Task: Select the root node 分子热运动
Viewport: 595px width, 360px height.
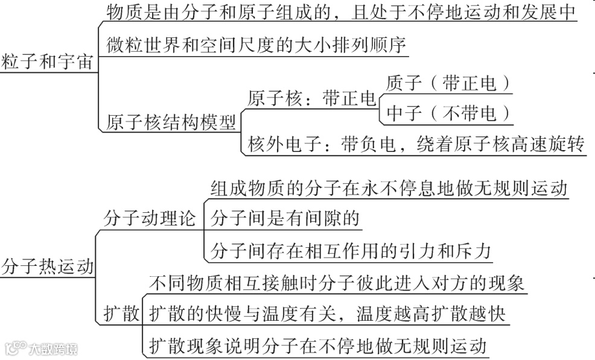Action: coord(48,266)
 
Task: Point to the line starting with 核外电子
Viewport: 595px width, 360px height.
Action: coord(416,145)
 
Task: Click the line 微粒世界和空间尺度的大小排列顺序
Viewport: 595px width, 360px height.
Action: coord(257,45)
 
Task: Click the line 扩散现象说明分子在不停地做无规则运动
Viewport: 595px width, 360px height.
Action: coord(317,346)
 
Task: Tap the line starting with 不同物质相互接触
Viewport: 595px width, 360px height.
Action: coord(337,283)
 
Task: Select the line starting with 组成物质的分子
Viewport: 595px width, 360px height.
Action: coord(389,188)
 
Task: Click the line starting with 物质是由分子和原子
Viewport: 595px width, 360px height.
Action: coord(342,12)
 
